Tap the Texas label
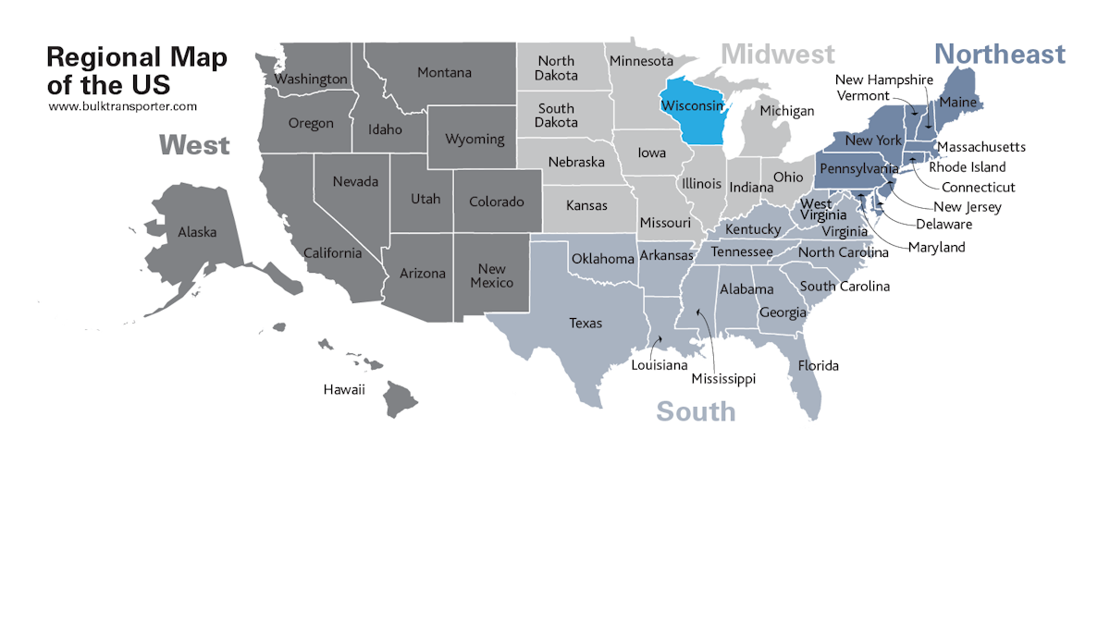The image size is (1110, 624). (x=586, y=323)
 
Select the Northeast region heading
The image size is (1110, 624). (x=999, y=55)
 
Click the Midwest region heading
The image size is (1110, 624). (x=778, y=55)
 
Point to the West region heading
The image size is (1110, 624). (x=194, y=145)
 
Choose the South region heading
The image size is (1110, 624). (x=696, y=411)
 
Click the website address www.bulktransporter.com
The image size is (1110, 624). (x=122, y=106)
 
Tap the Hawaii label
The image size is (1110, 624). (x=344, y=389)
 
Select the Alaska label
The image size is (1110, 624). (x=197, y=232)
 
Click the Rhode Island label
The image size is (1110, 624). (x=968, y=167)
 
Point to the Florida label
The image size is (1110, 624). (x=819, y=365)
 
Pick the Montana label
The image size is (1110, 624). (x=444, y=72)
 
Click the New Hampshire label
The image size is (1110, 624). (x=884, y=80)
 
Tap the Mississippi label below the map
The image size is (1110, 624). (x=723, y=379)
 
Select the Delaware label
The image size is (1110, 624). (x=944, y=224)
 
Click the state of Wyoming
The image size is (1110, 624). (x=475, y=139)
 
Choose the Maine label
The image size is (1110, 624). (x=957, y=102)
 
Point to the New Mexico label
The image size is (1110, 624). (x=491, y=275)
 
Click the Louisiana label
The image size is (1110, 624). (x=659, y=365)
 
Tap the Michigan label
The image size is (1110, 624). (x=786, y=111)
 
